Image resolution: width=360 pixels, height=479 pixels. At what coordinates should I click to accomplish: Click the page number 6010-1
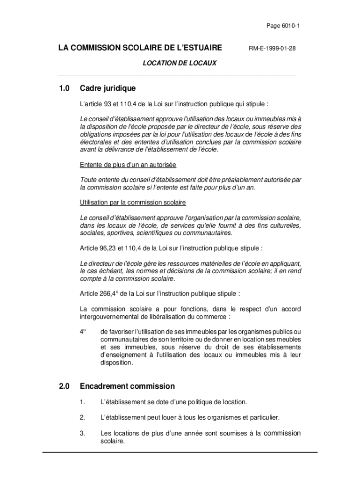[290, 26]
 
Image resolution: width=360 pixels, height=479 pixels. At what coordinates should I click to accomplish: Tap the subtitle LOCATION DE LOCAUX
[179, 62]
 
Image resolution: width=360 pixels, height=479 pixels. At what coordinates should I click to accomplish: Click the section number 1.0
[64, 88]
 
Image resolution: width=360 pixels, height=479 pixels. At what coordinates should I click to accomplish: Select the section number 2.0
[64, 386]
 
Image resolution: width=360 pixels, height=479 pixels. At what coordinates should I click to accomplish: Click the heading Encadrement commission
[127, 386]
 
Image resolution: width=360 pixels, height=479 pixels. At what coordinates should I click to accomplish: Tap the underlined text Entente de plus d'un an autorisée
[128, 165]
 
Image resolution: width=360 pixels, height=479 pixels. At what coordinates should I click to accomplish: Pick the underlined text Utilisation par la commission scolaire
[133, 203]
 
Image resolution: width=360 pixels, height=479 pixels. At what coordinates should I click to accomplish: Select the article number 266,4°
[110, 294]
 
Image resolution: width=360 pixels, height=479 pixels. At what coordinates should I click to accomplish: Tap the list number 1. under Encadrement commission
[82, 402]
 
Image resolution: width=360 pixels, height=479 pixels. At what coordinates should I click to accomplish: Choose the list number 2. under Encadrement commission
[82, 417]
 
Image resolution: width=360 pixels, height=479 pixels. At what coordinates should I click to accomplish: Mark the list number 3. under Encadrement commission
[82, 433]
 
